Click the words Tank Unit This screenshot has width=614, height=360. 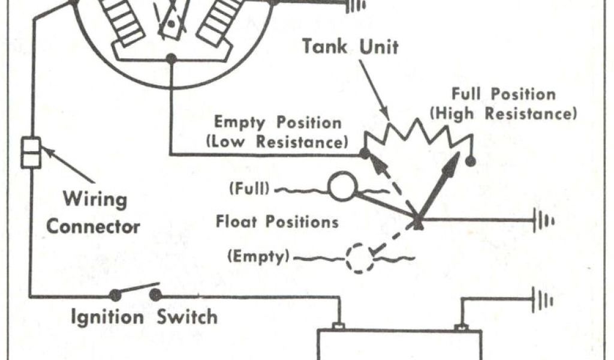click(350, 46)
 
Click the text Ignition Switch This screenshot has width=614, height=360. click(144, 316)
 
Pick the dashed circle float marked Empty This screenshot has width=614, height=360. click(359, 258)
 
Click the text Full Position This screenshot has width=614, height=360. click(504, 94)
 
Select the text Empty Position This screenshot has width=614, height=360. click(278, 123)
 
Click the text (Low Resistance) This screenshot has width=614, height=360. click(277, 142)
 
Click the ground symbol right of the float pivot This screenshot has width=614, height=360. click(543, 220)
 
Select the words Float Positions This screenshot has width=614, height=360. click(277, 222)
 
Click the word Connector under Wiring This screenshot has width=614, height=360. click(94, 227)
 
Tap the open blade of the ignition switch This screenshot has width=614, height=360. click(135, 290)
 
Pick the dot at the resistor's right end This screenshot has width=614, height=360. click(471, 161)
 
